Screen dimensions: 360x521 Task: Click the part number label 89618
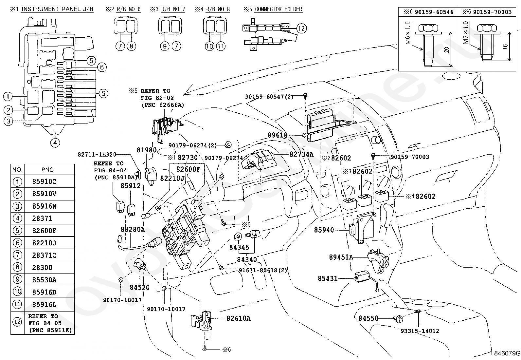pyautogui.click(x=277, y=135)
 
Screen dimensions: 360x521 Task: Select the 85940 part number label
pyautogui.click(x=324, y=230)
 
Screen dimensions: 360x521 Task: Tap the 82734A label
pyautogui.click(x=301, y=154)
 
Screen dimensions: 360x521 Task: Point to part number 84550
pyautogui.click(x=368, y=318)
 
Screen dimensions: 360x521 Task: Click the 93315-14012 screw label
pyautogui.click(x=420, y=331)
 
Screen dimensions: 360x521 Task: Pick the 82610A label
pyautogui.click(x=238, y=318)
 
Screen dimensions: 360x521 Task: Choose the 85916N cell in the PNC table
pyautogui.click(x=44, y=206)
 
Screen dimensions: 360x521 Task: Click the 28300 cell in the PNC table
pyautogui.click(x=42, y=267)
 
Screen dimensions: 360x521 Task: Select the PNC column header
pyautogui.click(x=47, y=170)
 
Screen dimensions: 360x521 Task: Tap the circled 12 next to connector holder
pyautogui.click(x=301, y=28)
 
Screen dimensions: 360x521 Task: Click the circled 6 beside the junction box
pyautogui.click(x=102, y=67)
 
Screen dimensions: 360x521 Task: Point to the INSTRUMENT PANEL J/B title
pyautogui.click(x=57, y=9)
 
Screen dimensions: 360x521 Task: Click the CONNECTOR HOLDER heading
pyautogui.click(x=278, y=9)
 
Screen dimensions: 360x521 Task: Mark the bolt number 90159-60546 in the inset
pyautogui.click(x=434, y=12)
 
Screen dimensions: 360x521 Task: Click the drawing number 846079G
pyautogui.click(x=507, y=353)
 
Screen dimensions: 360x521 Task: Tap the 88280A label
pyautogui.click(x=133, y=229)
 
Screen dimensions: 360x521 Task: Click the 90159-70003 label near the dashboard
pyautogui.click(x=409, y=157)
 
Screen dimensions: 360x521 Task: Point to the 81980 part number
pyautogui.click(x=146, y=150)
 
